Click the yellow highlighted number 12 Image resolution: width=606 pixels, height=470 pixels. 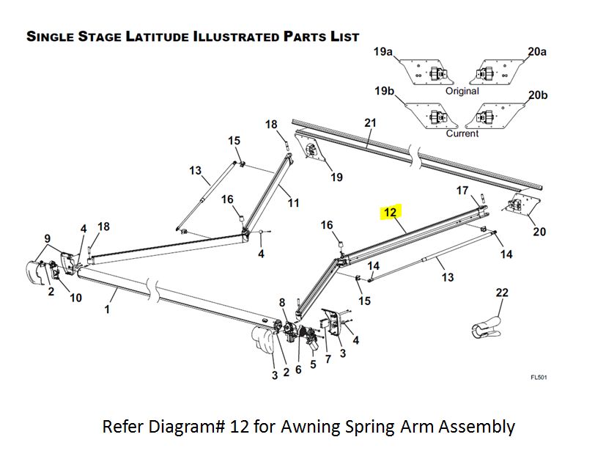point(390,213)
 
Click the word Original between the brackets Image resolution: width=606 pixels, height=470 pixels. point(462,92)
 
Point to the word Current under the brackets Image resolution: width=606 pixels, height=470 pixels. point(462,133)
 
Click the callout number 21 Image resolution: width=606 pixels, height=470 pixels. point(370,123)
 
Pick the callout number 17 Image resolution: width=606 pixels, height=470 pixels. point(462,191)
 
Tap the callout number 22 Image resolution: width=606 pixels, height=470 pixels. point(502,293)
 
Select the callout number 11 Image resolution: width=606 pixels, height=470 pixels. point(293,202)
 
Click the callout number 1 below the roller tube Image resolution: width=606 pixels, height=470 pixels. point(107,309)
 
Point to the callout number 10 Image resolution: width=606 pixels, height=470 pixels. point(75,298)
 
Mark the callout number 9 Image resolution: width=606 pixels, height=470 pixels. point(48,238)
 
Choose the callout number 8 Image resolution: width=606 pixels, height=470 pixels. point(282,302)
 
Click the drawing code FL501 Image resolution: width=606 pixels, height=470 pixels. point(539,378)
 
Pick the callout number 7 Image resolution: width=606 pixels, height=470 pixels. point(328,359)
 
